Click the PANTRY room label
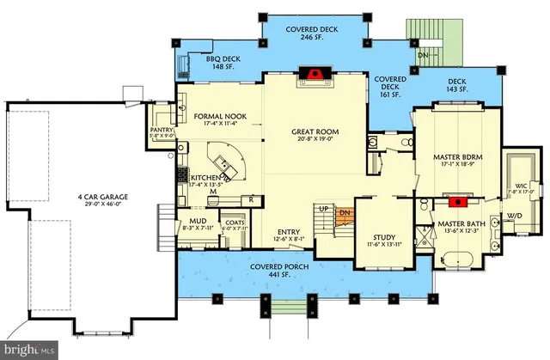point(162,131)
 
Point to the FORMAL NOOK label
point(215,117)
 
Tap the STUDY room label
point(379,238)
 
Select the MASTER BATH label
point(462,224)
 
